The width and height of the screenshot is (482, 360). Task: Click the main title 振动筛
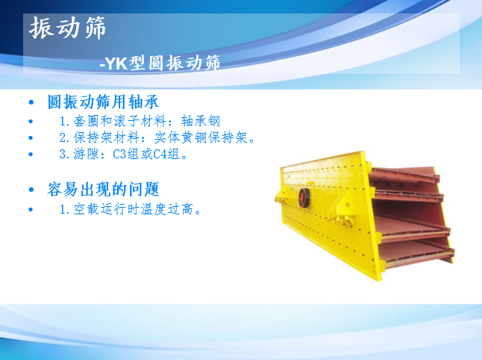pos(67,28)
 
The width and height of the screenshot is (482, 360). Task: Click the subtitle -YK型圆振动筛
pos(160,63)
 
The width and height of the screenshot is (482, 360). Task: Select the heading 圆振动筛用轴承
pos(103,102)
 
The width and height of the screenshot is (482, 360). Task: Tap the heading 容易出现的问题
pos(103,189)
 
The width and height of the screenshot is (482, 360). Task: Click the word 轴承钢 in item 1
pos(201,121)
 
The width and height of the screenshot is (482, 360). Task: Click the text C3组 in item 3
pos(126,154)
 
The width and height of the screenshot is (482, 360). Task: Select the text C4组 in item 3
pos(166,154)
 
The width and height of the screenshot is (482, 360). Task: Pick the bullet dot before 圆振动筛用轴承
pos(31,102)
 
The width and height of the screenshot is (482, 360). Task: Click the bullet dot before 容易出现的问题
pos(31,190)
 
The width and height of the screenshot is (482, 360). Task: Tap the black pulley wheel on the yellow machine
pos(304,198)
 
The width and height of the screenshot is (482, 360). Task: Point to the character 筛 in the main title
pos(95,28)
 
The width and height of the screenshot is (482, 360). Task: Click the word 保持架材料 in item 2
pos(107,137)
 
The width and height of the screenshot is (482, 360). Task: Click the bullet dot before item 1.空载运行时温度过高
pos(31,210)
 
